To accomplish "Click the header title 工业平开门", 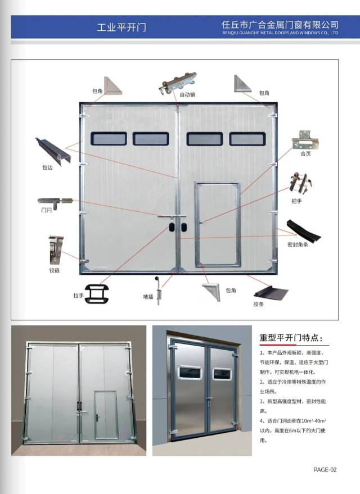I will tap(121, 27).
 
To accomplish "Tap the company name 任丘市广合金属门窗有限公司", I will tap(280, 25).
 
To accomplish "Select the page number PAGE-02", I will tap(325, 469).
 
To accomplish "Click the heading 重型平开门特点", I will tap(291, 338).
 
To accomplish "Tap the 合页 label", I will tap(306, 152).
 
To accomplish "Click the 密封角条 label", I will tap(298, 244).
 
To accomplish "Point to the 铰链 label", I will tap(55, 270).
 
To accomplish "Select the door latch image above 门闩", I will tap(55, 201).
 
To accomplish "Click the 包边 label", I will tap(47, 167).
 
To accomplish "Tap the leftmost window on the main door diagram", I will tap(109, 139).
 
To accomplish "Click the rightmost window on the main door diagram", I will tap(247, 139).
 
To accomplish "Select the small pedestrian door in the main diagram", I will tap(217, 223).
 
